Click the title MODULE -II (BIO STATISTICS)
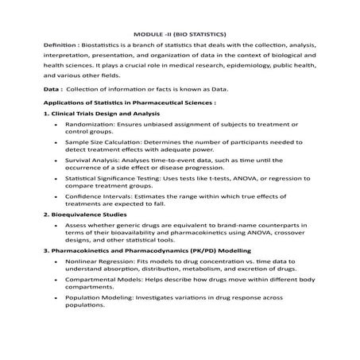point(180,34)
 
